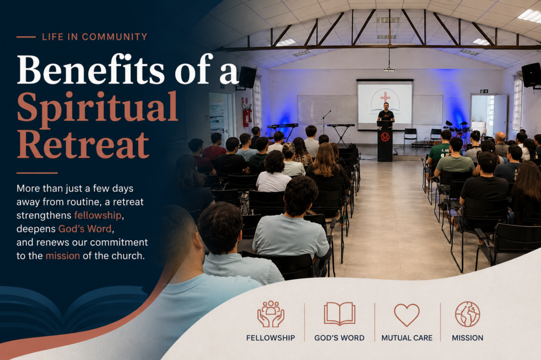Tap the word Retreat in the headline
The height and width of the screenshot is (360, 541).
click(x=83, y=144)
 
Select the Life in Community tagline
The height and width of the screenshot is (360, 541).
click(x=95, y=36)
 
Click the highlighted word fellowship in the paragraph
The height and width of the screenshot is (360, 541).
click(x=98, y=215)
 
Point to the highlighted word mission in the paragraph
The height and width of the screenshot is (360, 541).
click(x=63, y=255)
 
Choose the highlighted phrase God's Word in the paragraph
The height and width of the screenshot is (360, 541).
click(x=85, y=229)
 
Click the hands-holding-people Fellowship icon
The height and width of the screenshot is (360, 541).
click(x=271, y=314)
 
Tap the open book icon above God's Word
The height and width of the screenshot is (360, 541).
click(x=340, y=314)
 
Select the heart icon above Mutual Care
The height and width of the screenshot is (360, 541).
click(x=407, y=315)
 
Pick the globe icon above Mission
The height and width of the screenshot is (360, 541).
click(x=468, y=314)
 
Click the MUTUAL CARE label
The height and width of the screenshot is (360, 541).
click(x=407, y=338)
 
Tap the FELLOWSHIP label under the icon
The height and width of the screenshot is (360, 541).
click(x=270, y=338)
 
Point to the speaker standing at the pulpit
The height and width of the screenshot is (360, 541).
click(x=385, y=113)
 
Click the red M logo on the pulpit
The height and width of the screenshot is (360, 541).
click(x=385, y=137)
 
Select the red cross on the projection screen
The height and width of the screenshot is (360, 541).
click(x=385, y=97)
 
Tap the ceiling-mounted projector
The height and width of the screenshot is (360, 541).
click(x=389, y=69)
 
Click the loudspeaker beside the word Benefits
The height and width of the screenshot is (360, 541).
click(x=248, y=77)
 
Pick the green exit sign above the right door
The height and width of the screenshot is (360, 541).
click(x=484, y=91)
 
